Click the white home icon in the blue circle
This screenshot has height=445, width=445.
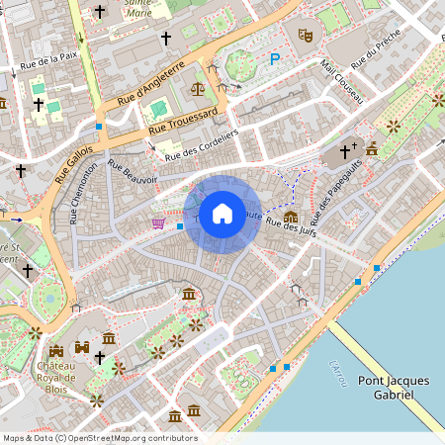[x=222, y=213]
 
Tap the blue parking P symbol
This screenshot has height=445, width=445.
[x=275, y=59]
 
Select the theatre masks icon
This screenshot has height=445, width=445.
[x=306, y=36]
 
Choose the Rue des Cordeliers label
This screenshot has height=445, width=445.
[x=202, y=145]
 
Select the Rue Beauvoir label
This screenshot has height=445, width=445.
[x=133, y=172]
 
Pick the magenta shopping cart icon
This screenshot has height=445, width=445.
[x=158, y=223]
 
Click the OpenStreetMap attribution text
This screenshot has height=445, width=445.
[x=99, y=438]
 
